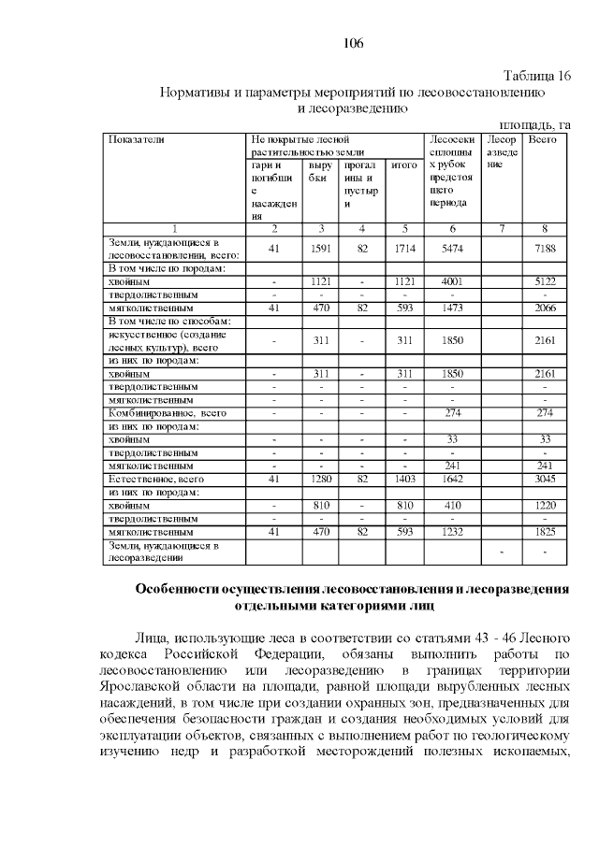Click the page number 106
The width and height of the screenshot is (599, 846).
pos(353,43)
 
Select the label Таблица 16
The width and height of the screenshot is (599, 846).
pos(536,77)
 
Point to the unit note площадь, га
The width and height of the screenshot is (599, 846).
pos(534,124)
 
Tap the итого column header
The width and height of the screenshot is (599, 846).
pos(403,165)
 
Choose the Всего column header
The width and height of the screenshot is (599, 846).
pos(543,139)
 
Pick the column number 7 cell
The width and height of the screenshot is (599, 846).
pos(501,228)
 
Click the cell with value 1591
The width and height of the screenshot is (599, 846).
pos(321,248)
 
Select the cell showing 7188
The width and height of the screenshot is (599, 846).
pos(544,248)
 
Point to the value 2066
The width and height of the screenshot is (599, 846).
pos(544,307)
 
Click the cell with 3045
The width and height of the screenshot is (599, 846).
pos(544,478)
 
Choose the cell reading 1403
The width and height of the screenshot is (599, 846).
pos(403,478)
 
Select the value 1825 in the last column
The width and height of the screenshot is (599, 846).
pos(544,531)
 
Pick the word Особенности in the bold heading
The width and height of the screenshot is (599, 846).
pos(181,590)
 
